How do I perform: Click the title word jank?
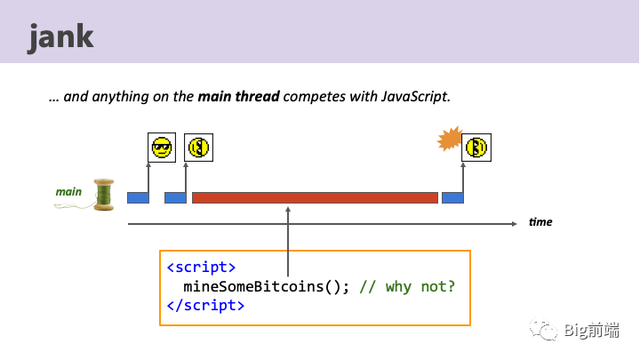coord(60,37)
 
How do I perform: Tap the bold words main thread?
coord(238,96)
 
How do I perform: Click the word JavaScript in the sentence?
coord(416,97)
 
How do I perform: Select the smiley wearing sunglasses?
coord(162,148)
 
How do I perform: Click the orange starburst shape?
coord(450,139)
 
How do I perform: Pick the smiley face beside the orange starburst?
coord(476,148)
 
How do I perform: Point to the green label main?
coord(68,192)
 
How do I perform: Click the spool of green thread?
coord(104,195)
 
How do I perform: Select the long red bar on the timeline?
coord(315,197)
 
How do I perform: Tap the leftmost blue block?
coord(138,197)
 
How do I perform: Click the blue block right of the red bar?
coord(452,197)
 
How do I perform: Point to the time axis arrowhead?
coord(515,224)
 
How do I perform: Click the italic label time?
coord(540,222)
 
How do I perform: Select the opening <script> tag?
coord(201,268)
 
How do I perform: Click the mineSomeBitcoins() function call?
coord(267,286)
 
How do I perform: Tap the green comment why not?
coord(420,287)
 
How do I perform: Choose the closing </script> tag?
coord(205,306)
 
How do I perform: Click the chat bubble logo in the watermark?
coord(544,330)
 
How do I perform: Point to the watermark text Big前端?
coord(592,330)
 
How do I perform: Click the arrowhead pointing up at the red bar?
coord(288,210)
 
